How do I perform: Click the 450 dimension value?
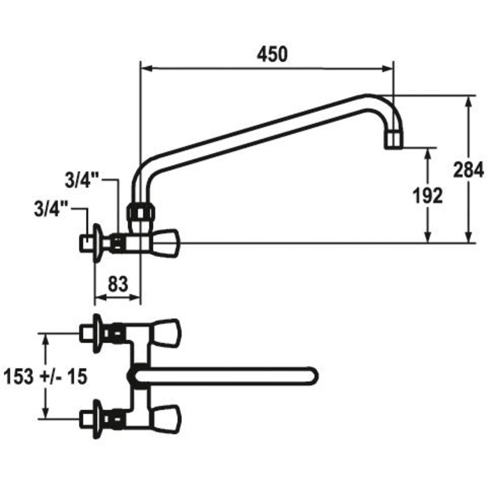pos(272,55)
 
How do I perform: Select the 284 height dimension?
pos(467,170)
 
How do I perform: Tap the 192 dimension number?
pos(428,196)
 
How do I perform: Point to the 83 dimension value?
pos(117,284)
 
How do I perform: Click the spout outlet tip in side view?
pos(395,139)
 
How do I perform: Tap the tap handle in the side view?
pos(167,242)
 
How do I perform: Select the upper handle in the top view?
pos(165,333)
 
